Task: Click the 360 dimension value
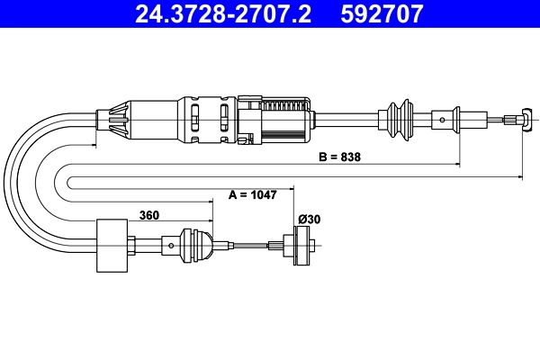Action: pyautogui.click(x=151, y=215)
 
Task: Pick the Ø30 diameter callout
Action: pyautogui.click(x=309, y=219)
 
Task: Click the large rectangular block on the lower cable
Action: pyautogui.click(x=114, y=245)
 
